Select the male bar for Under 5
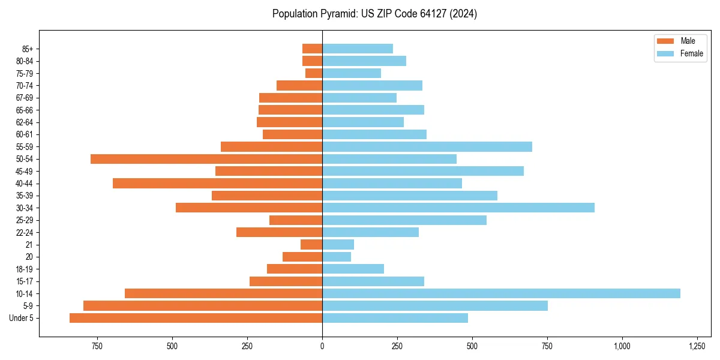point(196,318)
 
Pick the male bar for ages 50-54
point(206,159)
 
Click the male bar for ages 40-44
point(217,183)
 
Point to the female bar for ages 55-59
point(427,146)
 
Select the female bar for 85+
point(358,49)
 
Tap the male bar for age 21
point(311,244)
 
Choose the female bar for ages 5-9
point(435,305)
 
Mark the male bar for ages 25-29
point(296,220)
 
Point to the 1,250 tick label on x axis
point(697,346)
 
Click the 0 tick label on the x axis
point(322,346)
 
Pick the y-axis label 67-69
point(25,98)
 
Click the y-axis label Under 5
point(22,318)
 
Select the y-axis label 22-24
point(25,232)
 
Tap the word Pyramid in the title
point(336,14)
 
